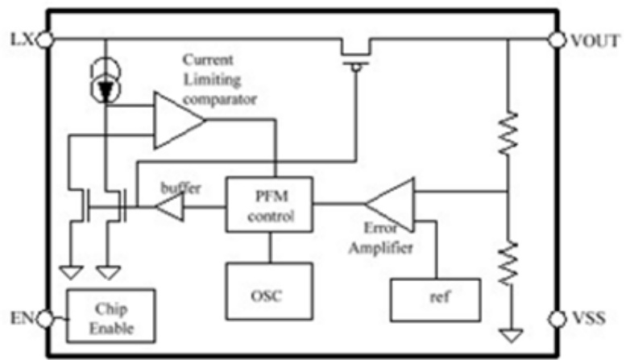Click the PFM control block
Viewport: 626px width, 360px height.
coord(270,205)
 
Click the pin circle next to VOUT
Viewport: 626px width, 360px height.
coord(555,39)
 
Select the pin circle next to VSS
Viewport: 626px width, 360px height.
coord(555,317)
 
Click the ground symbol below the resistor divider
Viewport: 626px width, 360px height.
coord(507,331)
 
